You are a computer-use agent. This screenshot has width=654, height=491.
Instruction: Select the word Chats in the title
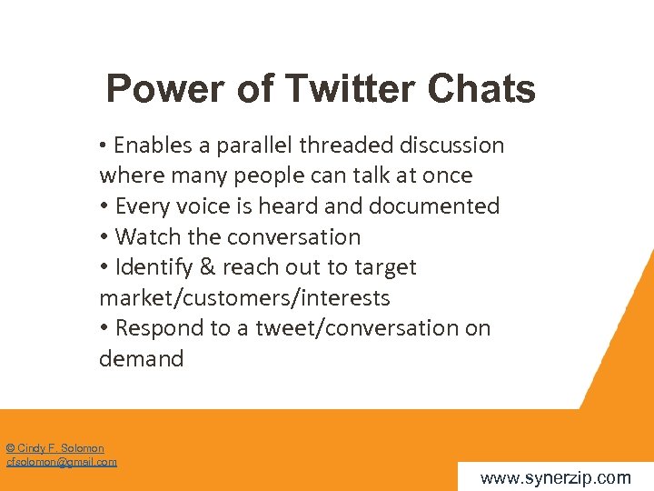coord(481,90)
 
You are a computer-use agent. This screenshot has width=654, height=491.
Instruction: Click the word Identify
coord(155,267)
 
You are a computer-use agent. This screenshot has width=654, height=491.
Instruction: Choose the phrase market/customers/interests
coord(244,298)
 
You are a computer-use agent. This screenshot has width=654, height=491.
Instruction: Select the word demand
coord(141,359)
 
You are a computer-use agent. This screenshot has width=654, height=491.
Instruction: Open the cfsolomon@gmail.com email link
coord(61,462)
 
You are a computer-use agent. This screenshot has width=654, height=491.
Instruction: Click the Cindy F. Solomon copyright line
coord(54,448)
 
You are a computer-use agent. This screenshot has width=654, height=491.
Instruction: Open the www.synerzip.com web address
coord(555,477)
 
